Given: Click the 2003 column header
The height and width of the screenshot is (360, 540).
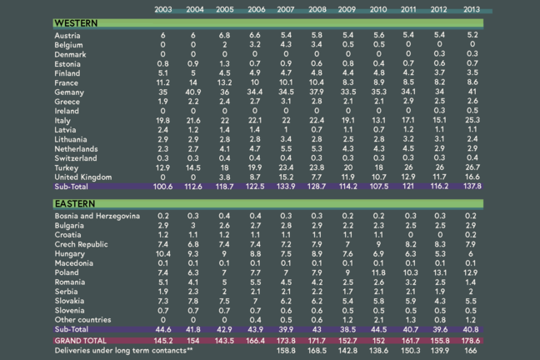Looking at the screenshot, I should click(x=163, y=9).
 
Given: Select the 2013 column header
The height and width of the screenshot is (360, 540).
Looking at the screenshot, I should click(x=472, y=9).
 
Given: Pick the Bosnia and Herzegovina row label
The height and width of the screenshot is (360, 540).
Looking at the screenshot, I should click(x=102, y=215).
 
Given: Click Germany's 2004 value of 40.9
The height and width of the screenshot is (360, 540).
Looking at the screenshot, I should click(x=194, y=92).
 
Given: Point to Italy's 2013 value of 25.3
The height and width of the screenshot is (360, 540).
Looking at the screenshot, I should click(x=472, y=120).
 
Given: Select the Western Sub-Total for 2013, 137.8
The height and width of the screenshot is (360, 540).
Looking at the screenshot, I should click(x=472, y=187).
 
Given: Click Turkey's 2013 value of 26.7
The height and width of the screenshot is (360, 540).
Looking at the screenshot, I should click(x=472, y=167).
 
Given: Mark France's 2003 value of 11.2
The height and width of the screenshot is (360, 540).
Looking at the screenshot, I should click(x=163, y=82).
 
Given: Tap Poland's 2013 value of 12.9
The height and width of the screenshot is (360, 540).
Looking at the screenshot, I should click(x=472, y=272).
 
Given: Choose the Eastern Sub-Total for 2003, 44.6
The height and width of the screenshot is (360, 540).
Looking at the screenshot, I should click(x=163, y=329).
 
